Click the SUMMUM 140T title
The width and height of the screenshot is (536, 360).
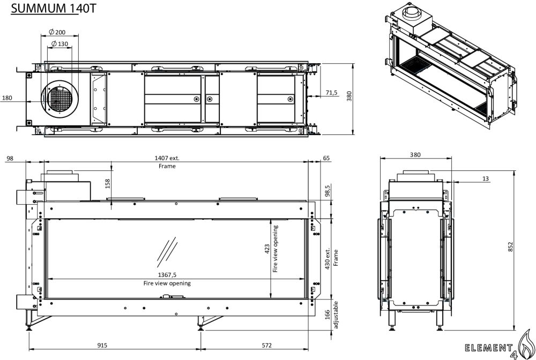pyautogui.click(x=54, y=8)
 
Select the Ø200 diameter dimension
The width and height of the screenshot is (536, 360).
pyautogui.click(x=57, y=32)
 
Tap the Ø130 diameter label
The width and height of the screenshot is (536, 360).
pyautogui.click(x=59, y=44)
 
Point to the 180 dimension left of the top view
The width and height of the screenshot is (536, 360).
pyautogui.click(x=7, y=98)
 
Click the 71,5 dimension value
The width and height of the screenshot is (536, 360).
pyautogui.click(x=331, y=93)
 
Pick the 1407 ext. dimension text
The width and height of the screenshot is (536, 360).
pyautogui.click(x=167, y=158)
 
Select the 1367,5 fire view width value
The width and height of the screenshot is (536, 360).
pyautogui.click(x=167, y=275)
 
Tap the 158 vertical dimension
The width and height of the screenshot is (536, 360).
pyautogui.click(x=108, y=184)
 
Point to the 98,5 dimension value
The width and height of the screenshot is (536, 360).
pyautogui.click(x=327, y=191)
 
